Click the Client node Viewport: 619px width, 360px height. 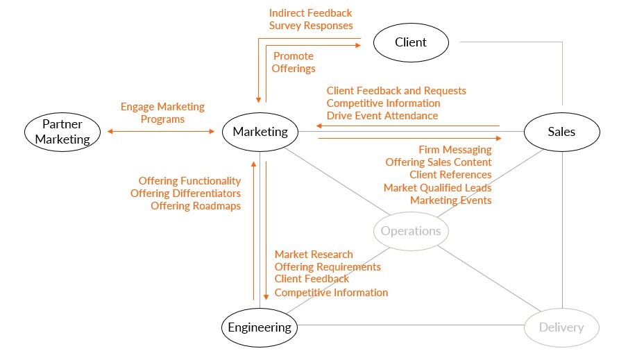click(411, 42)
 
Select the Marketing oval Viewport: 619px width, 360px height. click(260, 132)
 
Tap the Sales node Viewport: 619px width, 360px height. click(561, 132)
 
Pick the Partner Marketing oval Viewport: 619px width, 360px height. click(62, 132)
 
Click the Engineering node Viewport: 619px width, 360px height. click(260, 327)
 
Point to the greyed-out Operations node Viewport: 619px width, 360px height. click(411, 231)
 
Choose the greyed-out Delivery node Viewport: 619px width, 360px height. click(561, 327)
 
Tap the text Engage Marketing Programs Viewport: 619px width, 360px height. click(162, 112)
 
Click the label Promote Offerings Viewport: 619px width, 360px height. click(294, 62)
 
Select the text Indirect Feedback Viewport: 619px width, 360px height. click(310, 13)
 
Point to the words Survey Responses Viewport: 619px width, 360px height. click(311, 26)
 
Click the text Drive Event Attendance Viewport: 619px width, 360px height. click(382, 116)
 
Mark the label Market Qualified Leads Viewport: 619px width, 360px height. click(437, 188)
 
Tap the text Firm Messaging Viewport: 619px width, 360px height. click(455, 150)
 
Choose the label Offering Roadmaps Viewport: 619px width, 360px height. click(196, 206)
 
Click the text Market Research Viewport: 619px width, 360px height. click(314, 255)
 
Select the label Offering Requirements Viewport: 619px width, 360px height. click(328, 267)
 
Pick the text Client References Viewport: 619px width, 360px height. click(450, 175)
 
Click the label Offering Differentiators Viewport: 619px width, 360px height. click(185, 194)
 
